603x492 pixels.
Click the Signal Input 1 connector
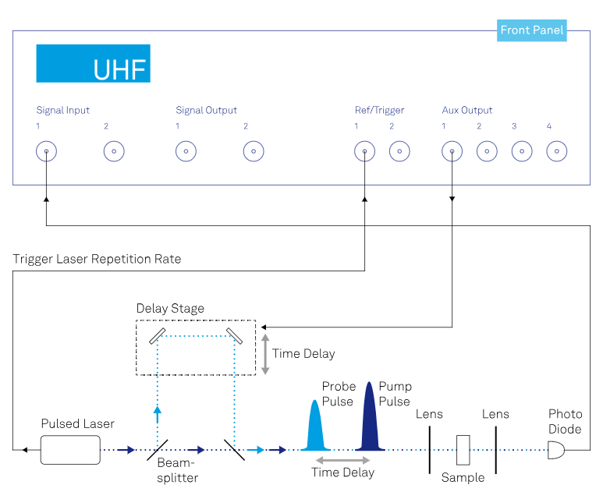tap(47, 151)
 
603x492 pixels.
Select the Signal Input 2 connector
tap(114, 151)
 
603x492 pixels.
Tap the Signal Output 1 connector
tap(186, 151)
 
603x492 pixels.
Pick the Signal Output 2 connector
tap(254, 151)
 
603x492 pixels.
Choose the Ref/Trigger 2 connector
tap(399, 151)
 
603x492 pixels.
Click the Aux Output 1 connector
tap(452, 151)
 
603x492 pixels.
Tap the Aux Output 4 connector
tap(556, 151)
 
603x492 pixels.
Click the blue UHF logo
tap(93, 64)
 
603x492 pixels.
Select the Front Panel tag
tap(532, 31)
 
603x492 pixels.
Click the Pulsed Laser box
tap(70, 450)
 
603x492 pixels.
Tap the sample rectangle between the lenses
tap(463, 449)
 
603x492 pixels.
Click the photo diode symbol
tap(556, 450)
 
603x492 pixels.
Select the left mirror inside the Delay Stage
tap(158, 334)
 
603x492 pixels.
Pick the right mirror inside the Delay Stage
tap(234, 334)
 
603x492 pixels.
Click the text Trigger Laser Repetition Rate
tap(97, 259)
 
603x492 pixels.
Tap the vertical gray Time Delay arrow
tap(265, 354)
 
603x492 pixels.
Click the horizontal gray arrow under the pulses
tap(342, 461)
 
